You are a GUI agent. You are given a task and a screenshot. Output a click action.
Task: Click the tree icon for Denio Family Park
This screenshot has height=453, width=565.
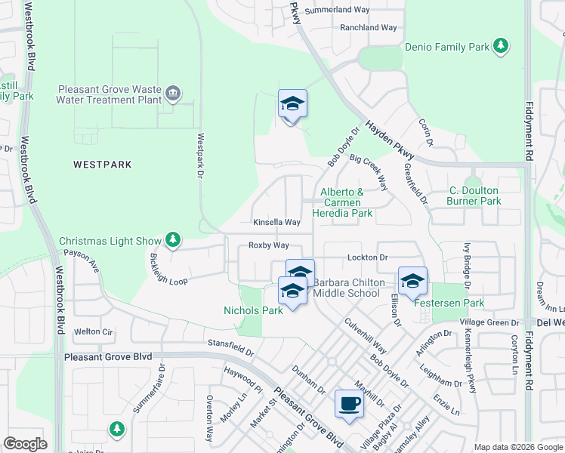500,47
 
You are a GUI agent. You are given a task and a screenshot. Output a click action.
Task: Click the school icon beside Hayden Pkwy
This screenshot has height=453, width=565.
292,105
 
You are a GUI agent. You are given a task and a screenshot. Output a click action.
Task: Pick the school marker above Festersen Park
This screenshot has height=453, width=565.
412,282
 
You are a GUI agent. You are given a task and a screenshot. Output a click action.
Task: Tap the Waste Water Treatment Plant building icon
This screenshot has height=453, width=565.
174,94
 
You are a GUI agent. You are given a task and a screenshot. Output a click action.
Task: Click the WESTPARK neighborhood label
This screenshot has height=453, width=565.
103,164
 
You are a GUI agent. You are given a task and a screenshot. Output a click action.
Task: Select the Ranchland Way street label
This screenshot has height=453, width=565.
368,27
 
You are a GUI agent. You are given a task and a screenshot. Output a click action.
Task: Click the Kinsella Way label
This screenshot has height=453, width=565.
276,223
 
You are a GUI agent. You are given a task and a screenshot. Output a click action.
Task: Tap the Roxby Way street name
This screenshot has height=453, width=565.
269,245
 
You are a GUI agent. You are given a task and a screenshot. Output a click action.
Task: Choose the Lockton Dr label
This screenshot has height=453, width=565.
367,257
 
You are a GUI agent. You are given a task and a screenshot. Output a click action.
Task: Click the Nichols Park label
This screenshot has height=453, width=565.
253,310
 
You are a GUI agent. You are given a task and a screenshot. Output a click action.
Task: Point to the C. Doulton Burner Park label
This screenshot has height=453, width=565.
474,196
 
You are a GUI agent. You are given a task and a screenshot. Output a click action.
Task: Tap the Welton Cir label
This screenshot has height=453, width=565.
93,331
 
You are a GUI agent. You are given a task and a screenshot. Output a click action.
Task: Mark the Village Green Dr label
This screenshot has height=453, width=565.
488,322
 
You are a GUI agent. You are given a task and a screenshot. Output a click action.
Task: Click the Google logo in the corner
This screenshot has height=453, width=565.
25,444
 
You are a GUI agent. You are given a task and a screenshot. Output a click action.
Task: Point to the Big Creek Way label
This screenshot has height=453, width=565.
369,173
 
